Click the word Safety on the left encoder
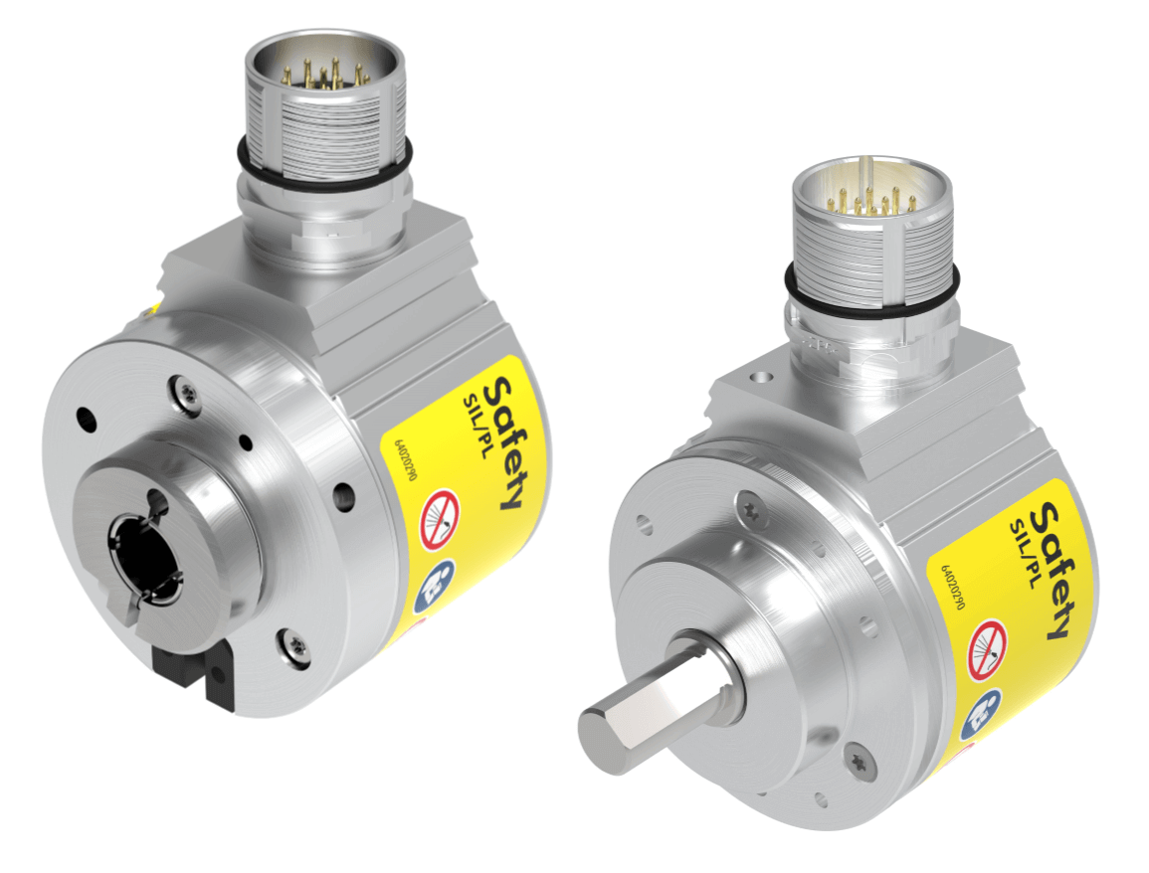pyautogui.click(x=505, y=443)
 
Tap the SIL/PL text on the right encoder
pyautogui.click(x=1025, y=554)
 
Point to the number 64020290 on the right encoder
pyautogui.click(x=952, y=587)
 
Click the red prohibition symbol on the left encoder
pyautogui.click(x=439, y=519)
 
